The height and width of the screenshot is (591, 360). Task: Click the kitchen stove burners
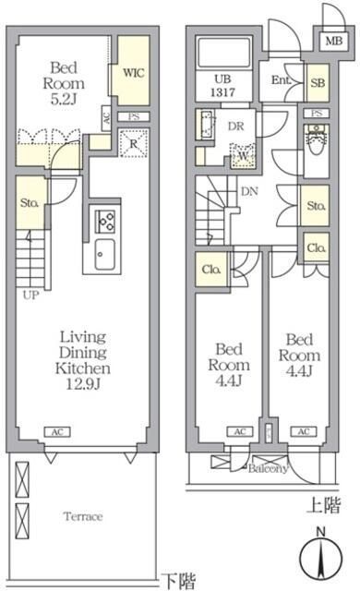102,222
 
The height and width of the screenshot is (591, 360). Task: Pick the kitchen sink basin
102,253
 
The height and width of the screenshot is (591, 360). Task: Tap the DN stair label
249,191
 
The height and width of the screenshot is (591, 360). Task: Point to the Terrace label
82,516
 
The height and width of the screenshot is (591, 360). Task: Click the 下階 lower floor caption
179,581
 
